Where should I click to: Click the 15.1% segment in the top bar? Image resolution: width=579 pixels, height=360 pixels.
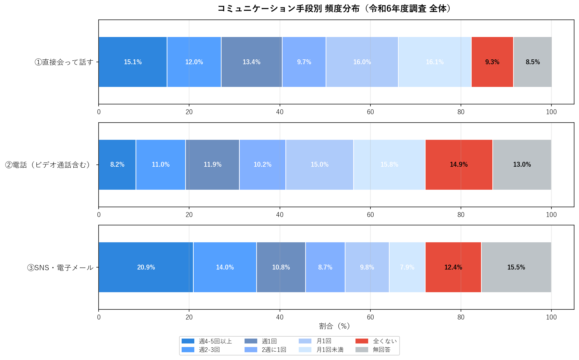point(133,62)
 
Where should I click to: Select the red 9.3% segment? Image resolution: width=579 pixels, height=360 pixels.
point(492,62)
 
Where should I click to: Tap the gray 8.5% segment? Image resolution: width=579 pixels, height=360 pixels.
point(533,62)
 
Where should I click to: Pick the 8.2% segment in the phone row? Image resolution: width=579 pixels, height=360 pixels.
point(117,164)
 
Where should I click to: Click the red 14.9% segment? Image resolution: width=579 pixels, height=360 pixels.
point(459,164)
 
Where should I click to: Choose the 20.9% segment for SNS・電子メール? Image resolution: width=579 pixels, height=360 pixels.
point(146,267)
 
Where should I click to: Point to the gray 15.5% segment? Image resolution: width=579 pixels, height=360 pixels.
point(516,267)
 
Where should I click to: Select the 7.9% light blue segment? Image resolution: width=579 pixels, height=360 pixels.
point(407,267)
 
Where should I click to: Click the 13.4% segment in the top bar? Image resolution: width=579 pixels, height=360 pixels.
point(251,62)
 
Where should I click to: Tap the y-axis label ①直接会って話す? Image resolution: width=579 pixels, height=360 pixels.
point(64,62)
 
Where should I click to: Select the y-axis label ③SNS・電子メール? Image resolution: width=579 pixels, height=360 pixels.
point(60,268)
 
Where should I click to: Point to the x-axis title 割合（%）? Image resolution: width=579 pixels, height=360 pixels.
point(334,326)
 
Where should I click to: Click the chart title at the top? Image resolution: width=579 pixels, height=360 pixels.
point(334,8)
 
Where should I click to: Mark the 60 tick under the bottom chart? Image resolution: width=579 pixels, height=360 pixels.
point(370,317)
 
